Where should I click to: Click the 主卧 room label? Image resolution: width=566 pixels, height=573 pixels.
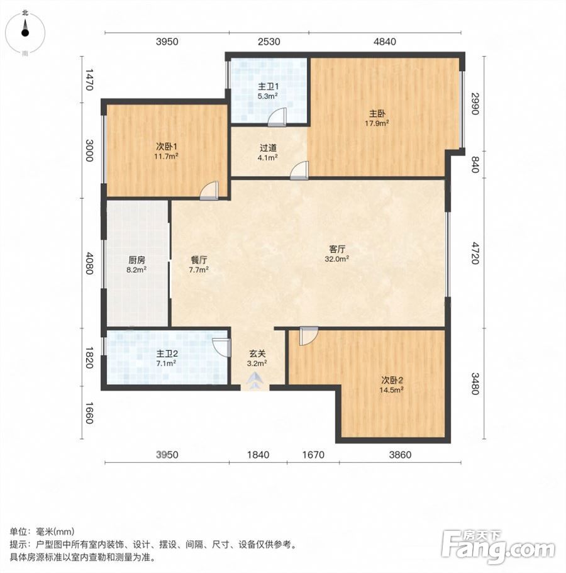pos(377,114)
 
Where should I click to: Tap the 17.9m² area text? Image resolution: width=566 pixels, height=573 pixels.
pos(377,123)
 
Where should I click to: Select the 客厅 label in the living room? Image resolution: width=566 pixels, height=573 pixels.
pos(337,250)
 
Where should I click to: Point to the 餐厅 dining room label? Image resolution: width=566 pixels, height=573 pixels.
pos(199,260)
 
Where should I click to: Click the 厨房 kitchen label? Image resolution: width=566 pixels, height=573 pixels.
pos(136,260)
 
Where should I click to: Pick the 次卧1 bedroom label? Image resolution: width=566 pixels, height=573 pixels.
pos(166,147)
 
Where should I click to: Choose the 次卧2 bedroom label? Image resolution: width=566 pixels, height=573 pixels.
pos(391,381)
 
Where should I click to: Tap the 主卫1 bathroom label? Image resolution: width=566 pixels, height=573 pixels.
pos(268,87)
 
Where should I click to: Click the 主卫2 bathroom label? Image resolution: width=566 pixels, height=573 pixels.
pos(167,353)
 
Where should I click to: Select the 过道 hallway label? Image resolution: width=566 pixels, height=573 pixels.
pos(268,148)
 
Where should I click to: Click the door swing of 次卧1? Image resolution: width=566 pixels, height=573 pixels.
pos(209,191)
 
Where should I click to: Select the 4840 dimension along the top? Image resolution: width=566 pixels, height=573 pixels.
pos(384,42)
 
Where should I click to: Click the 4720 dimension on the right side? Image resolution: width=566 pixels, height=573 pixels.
pos(474,253)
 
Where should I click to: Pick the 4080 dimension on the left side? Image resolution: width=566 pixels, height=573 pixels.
pos(89,263)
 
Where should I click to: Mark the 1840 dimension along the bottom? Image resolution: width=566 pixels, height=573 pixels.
pos(258,455)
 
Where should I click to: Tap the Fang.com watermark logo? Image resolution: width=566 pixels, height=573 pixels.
pos(498,547)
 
